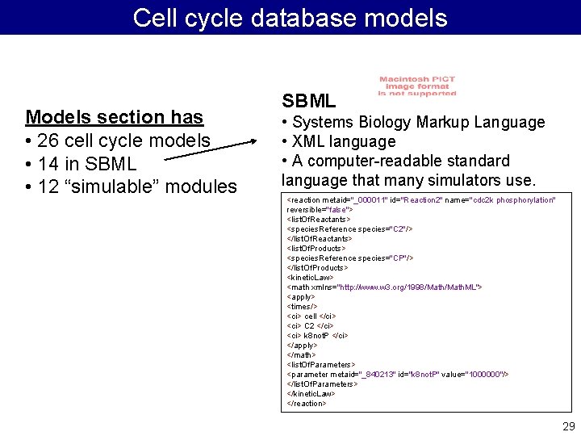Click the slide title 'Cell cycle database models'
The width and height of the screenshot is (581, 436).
click(290, 18)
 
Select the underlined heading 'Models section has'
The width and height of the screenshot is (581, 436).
click(114, 117)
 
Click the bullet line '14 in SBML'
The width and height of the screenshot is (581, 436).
click(81, 164)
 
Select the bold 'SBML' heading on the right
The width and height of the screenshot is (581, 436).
click(308, 101)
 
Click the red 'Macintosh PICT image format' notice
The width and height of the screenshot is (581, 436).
click(417, 86)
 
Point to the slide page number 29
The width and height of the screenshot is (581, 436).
click(568, 426)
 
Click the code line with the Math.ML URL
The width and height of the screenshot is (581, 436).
click(384, 287)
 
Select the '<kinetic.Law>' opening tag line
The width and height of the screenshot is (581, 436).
click(310, 277)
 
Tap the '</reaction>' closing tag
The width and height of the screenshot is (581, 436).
click(307, 403)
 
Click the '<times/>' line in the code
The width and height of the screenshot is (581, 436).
click(302, 306)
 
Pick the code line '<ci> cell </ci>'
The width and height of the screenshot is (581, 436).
click(311, 316)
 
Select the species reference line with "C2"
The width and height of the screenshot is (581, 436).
click(349, 228)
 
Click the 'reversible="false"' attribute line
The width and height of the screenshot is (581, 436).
click(320, 209)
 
